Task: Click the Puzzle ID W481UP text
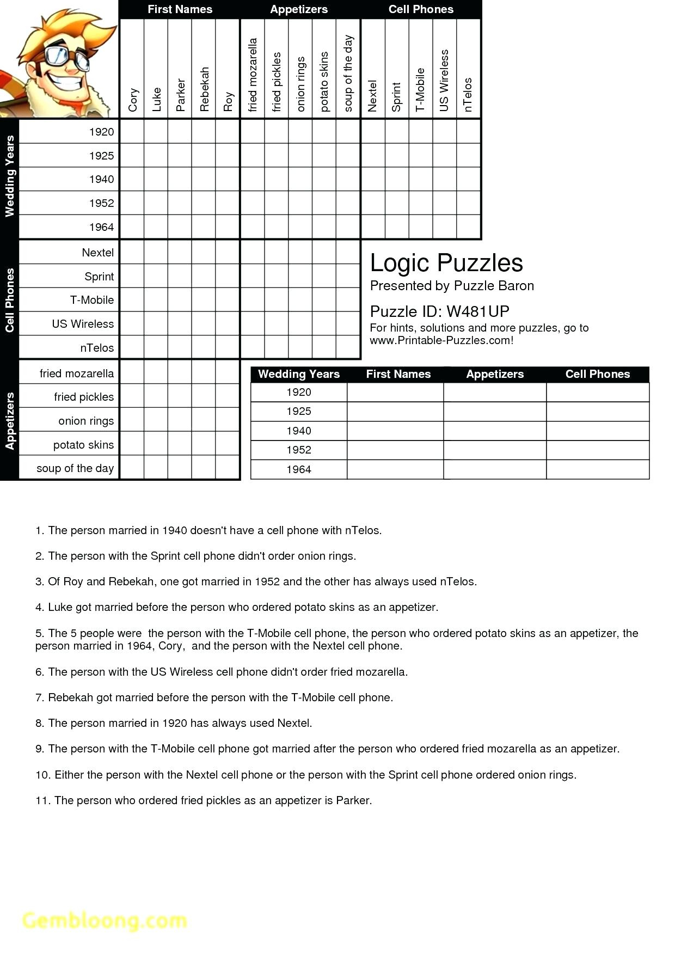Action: tap(439, 311)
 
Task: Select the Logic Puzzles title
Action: tap(446, 263)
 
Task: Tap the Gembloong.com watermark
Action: tap(105, 920)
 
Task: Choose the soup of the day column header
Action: tap(348, 74)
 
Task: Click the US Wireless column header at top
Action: tap(444, 81)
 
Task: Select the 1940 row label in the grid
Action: tap(101, 179)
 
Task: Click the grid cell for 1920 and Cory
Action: tap(132, 132)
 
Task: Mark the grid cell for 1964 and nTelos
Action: tap(468, 227)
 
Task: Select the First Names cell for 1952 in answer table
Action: tap(395, 450)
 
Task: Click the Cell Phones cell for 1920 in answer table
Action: tap(597, 393)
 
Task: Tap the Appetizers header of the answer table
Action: tap(494, 374)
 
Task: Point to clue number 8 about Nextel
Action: tap(174, 723)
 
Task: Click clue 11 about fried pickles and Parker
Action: tap(204, 800)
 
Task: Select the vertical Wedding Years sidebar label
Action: tap(9, 177)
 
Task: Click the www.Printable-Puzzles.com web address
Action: tap(441, 341)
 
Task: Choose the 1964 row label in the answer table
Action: tap(298, 469)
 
